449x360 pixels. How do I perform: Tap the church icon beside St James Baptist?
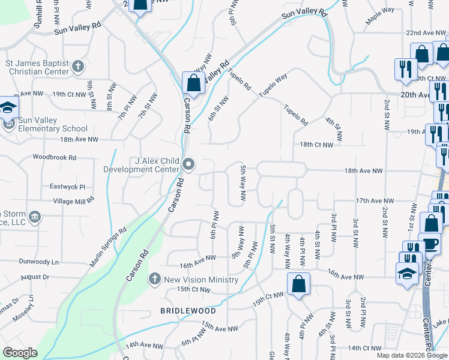coord(77,66)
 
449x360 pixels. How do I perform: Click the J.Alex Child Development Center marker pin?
coord(189,164)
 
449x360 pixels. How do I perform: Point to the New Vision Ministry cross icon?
coord(154,279)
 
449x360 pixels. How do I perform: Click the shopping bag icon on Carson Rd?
coord(193,83)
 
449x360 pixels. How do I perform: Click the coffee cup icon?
coord(430,244)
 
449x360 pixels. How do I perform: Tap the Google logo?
coord(20,353)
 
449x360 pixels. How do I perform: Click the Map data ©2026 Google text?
coord(411,355)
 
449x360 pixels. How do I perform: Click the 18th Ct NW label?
coord(316,145)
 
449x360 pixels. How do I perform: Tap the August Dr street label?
coord(34,277)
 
